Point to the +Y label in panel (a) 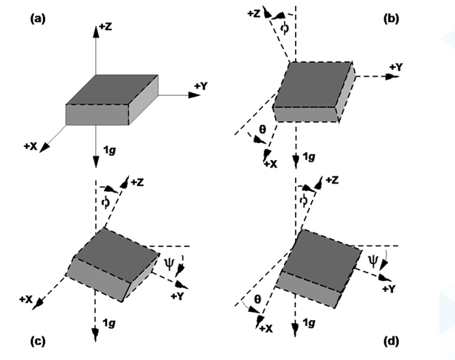(201, 87)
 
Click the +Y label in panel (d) (389, 288)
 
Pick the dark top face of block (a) (112, 91)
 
